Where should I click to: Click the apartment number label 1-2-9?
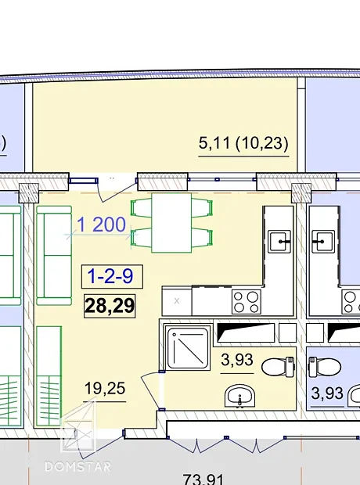coord(110,276)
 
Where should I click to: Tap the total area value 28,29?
coord(110,306)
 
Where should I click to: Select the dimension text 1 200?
coord(101,225)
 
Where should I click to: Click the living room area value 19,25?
coord(105,388)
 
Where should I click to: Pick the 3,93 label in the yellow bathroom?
coord(237,360)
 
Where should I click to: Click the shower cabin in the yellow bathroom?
coord(188,347)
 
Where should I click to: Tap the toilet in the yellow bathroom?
coord(278,367)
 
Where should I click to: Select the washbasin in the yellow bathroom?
coord(240,397)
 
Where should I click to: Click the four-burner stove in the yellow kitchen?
coord(247,302)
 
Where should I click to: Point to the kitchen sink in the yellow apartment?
coord(279,241)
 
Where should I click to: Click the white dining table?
coord(171,223)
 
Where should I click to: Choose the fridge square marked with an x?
coord(177,300)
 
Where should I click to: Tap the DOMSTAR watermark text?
coord(77,466)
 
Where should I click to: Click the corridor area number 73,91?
coord(203,479)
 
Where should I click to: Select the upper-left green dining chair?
coord(142,208)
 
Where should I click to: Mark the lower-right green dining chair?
coord(202,238)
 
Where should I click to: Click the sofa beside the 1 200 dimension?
coord(54,256)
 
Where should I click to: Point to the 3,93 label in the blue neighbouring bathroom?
coord(327,393)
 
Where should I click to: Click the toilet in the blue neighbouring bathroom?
coord(325,367)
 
